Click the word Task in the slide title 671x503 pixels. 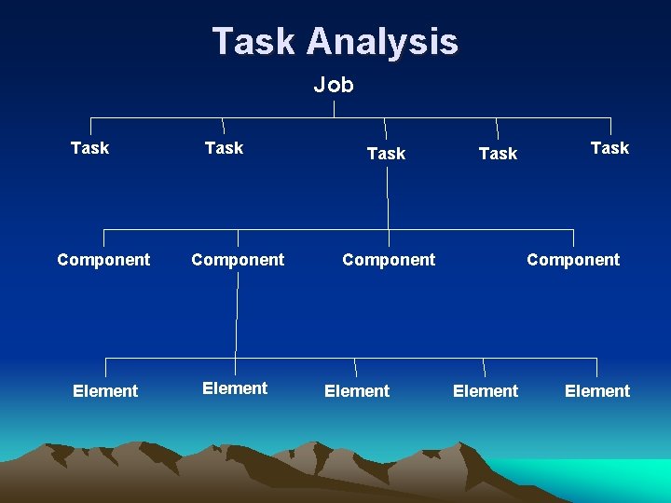point(253,42)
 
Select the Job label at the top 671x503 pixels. point(334,85)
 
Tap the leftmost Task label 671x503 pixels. point(89,148)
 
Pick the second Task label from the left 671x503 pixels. point(224,148)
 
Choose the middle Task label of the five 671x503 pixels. point(386,154)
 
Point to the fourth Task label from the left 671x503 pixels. point(498,154)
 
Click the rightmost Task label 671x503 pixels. point(609,148)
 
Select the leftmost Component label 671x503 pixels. point(103,260)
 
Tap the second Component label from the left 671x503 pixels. point(238,260)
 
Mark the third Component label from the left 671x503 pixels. point(389,260)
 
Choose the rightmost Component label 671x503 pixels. point(573,260)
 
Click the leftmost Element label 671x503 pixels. point(105,391)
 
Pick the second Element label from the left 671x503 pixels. point(235,388)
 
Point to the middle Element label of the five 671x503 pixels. point(357,391)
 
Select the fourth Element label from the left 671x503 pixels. point(486,391)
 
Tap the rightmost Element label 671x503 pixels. point(597,391)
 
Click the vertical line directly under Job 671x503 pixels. point(335,108)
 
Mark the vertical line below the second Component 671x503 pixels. point(237,317)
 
